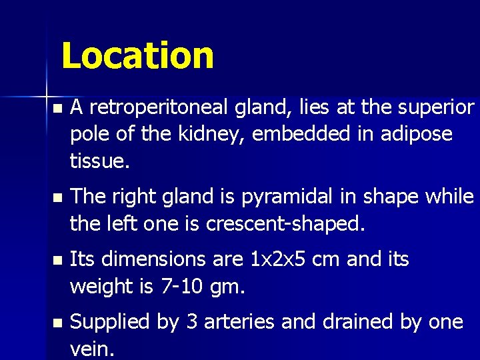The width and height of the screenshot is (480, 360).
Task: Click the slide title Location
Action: [x=137, y=56]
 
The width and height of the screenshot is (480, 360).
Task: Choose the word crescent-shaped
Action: [x=286, y=224]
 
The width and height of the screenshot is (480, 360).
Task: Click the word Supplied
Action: [x=110, y=323]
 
